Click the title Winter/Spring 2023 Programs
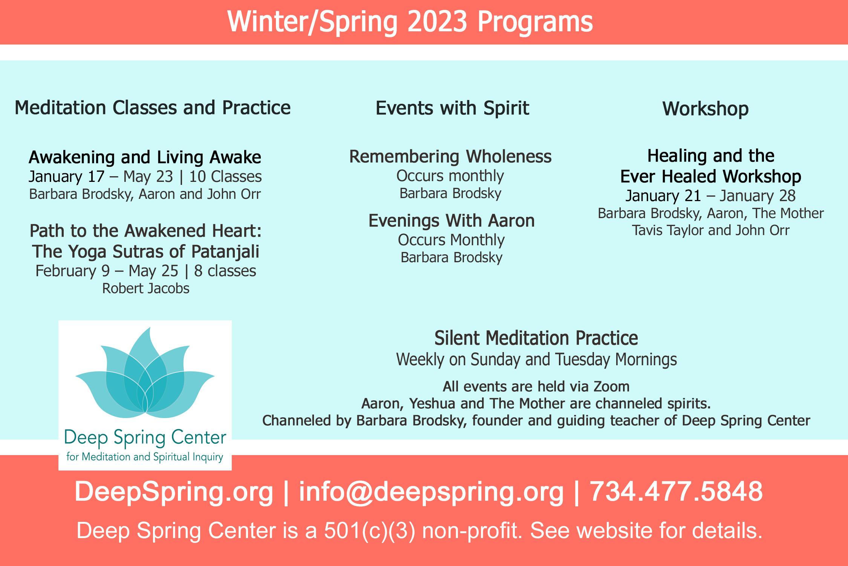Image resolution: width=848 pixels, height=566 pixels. click(x=410, y=22)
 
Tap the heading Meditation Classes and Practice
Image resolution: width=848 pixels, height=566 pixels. click(x=153, y=108)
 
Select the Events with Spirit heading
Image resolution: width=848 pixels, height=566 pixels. click(x=452, y=108)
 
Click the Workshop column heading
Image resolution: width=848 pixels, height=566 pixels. click(x=706, y=109)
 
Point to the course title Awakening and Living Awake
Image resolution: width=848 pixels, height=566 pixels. click(x=145, y=157)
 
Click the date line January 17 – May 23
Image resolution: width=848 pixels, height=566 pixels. click(x=101, y=176)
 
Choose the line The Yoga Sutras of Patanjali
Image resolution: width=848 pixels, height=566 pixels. click(x=146, y=251)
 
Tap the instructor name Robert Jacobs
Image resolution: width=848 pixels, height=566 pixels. click(x=146, y=288)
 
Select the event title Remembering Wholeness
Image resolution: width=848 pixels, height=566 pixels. click(x=450, y=156)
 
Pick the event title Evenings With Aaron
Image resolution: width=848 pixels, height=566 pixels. click(x=452, y=220)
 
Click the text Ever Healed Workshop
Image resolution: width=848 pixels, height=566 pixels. click(x=711, y=176)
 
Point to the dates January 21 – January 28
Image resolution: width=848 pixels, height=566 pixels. click(x=711, y=195)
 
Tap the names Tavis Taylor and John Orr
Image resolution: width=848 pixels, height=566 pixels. click(x=711, y=230)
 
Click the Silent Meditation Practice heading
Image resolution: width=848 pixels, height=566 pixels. click(x=536, y=338)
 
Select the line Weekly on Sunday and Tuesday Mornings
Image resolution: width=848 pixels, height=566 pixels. click(x=536, y=360)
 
